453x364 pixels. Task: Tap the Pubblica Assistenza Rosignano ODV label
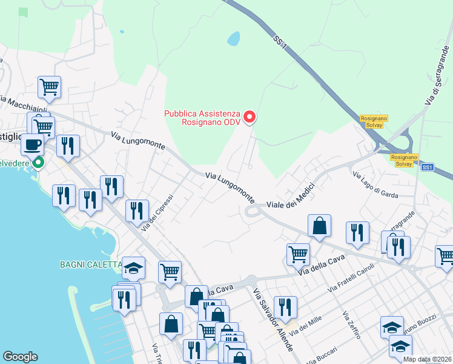(202, 118)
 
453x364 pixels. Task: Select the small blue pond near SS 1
(233, 39)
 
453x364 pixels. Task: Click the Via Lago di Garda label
(375, 184)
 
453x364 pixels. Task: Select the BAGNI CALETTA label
(89, 264)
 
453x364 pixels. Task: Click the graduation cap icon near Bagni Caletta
(134, 266)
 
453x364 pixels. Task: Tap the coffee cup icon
(32, 145)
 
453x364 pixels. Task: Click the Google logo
(20, 357)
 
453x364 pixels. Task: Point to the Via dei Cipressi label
(157, 212)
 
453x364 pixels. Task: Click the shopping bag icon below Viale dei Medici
(319, 226)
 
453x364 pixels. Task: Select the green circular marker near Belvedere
(38, 162)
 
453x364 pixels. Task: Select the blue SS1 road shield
(427, 167)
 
